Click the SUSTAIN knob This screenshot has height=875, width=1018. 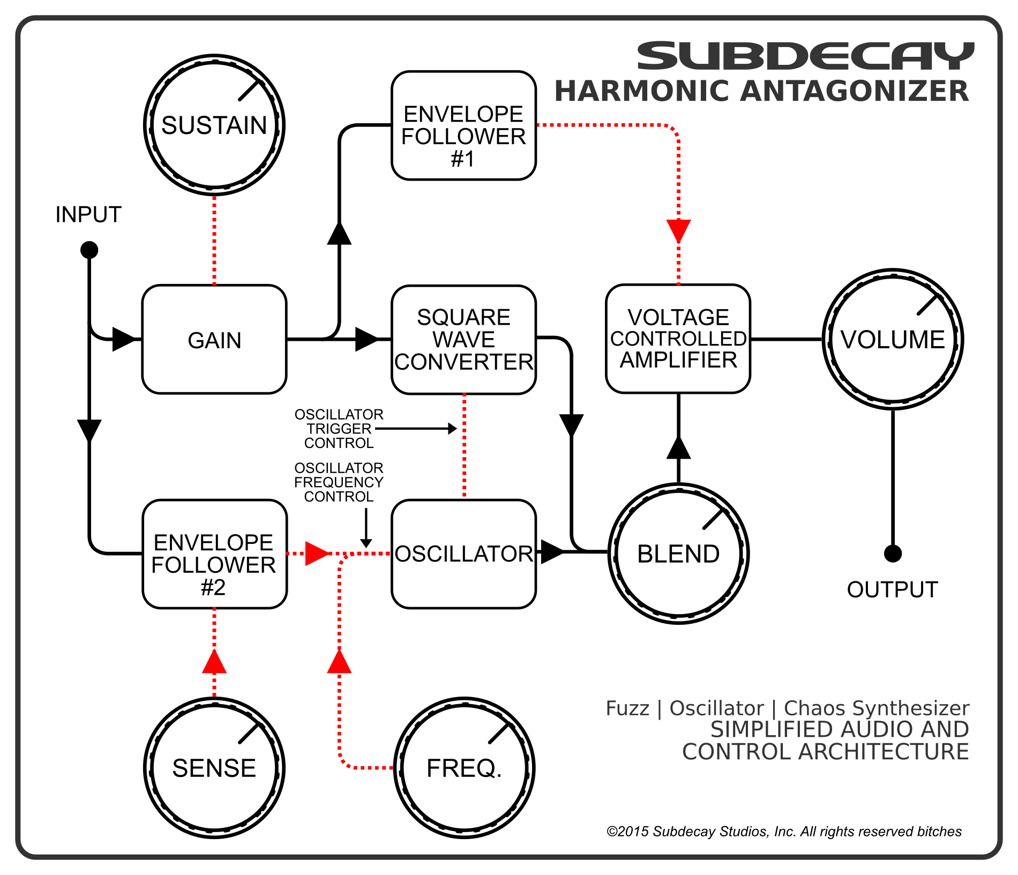[x=214, y=125]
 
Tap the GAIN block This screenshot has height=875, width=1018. [x=214, y=340]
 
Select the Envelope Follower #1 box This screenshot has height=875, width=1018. [x=463, y=125]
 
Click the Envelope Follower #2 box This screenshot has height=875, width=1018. [x=214, y=554]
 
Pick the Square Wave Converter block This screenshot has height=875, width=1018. [x=463, y=340]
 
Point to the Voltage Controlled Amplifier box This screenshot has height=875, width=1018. [x=678, y=339]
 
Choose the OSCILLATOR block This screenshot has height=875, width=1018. [x=463, y=554]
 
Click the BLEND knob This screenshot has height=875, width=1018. [x=678, y=554]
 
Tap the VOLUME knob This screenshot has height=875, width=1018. [x=893, y=339]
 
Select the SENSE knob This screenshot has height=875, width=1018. [x=214, y=768]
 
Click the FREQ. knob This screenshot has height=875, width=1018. [x=464, y=768]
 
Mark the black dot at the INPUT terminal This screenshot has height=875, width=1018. [x=89, y=250]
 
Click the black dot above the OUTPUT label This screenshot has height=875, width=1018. [x=893, y=554]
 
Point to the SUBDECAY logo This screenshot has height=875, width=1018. [x=805, y=56]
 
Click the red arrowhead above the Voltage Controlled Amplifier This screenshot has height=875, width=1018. [x=678, y=230]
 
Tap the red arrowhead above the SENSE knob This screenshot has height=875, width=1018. [x=214, y=662]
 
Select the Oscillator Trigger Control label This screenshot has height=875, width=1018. [x=339, y=429]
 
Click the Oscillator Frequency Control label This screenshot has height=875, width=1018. [x=339, y=482]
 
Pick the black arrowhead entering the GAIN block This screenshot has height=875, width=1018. [x=123, y=339]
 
